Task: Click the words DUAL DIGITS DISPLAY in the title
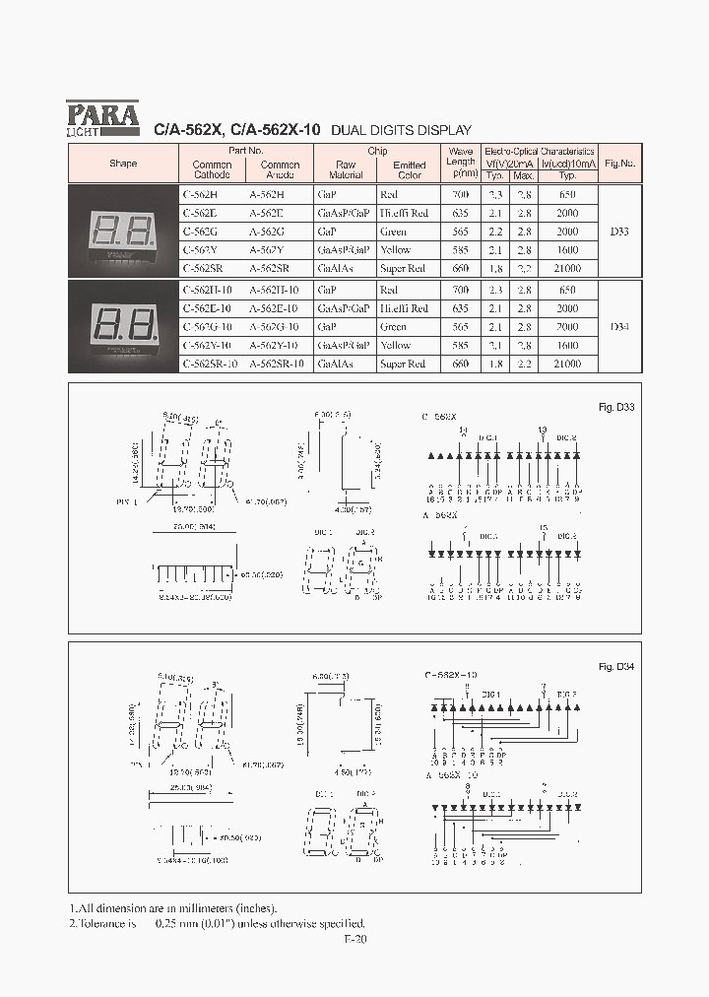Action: click(401, 130)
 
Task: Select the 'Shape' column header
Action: click(123, 164)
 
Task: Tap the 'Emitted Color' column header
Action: click(409, 169)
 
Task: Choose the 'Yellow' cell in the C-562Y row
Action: click(396, 250)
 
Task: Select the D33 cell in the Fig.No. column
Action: click(619, 232)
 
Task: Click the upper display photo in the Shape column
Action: click(123, 232)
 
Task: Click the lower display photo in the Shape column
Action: click(123, 326)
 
